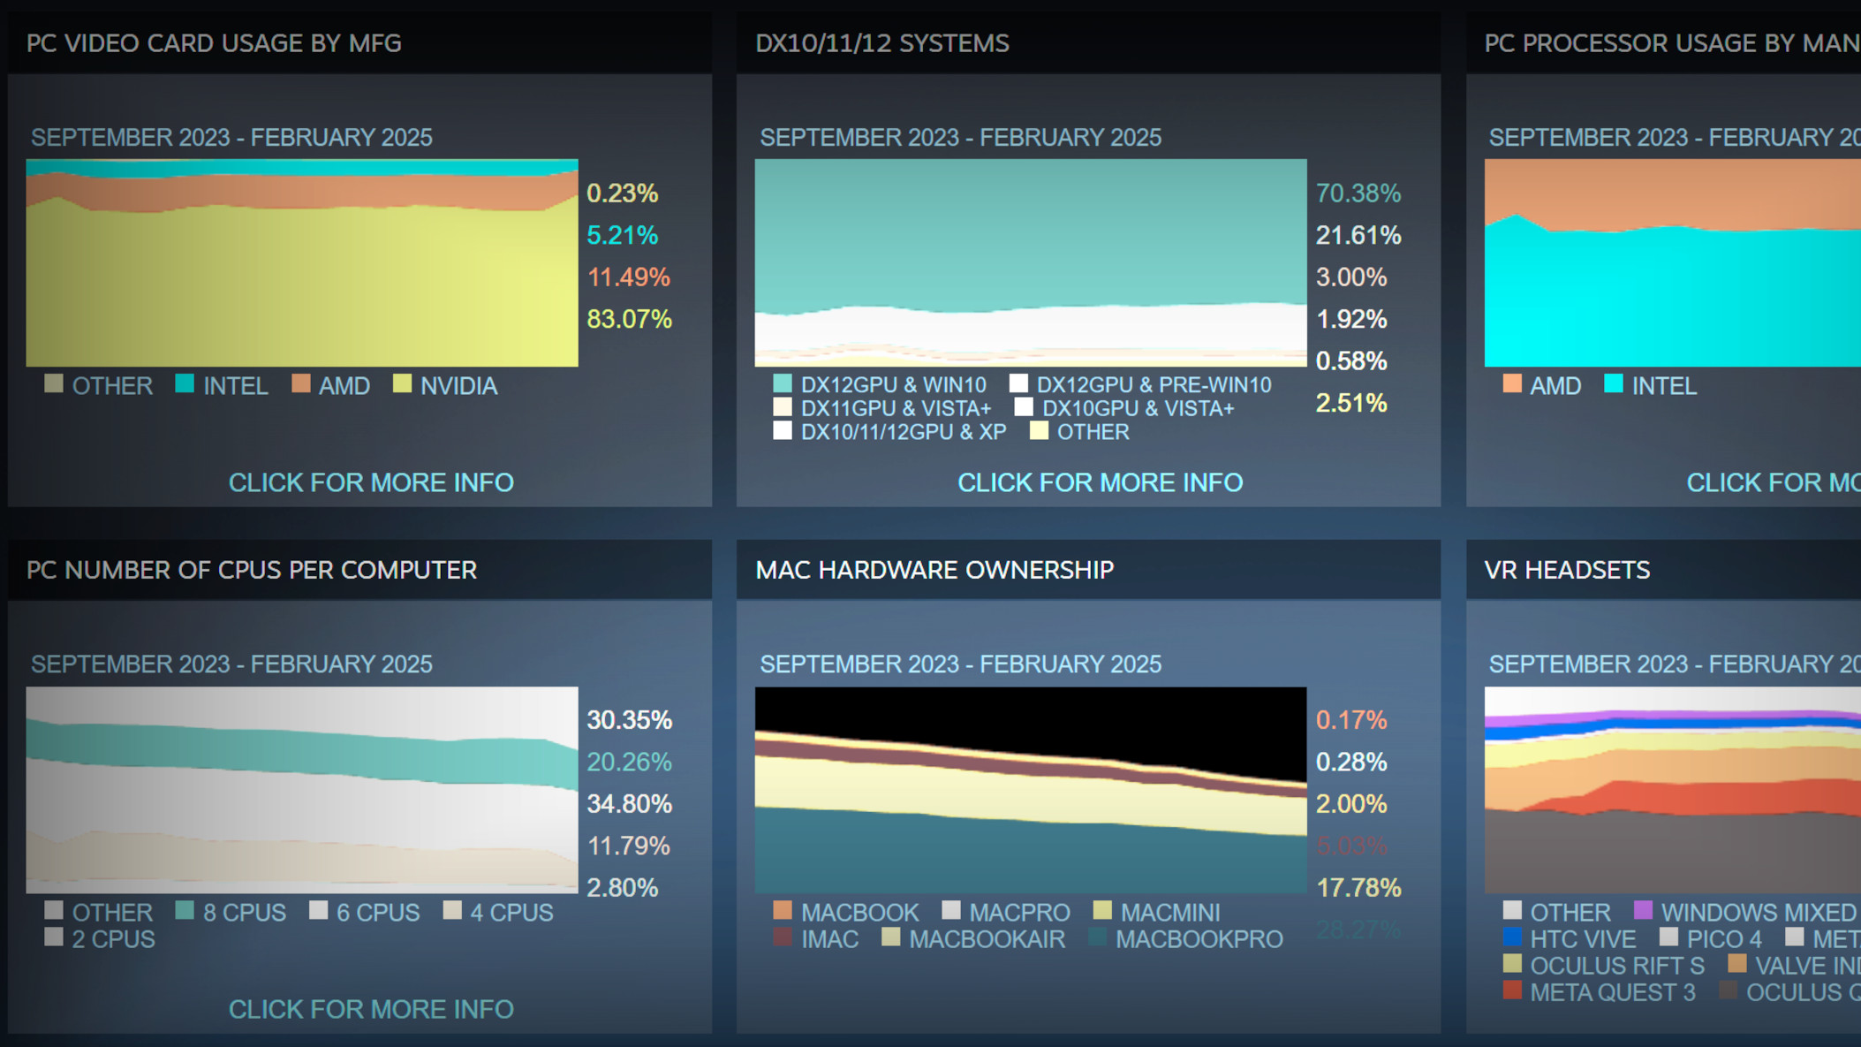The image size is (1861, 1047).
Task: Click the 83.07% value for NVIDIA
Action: [x=629, y=319]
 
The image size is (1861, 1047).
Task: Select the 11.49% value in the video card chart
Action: [x=628, y=277]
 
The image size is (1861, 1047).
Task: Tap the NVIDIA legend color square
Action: [x=402, y=383]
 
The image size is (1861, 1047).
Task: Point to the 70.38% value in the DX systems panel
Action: [x=1358, y=193]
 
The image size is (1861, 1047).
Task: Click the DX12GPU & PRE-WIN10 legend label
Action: [x=1153, y=385]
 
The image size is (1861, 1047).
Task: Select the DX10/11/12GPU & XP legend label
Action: [x=903, y=432]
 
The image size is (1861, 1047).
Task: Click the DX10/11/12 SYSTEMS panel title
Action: [x=881, y=43]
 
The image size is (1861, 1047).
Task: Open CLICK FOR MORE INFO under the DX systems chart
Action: [x=1100, y=482]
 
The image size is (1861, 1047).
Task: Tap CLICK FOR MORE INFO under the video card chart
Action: [x=371, y=482]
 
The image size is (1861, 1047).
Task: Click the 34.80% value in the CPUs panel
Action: [x=629, y=804]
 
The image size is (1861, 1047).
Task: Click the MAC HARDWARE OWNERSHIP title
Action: [x=934, y=570]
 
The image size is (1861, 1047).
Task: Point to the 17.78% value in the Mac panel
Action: [x=1358, y=888]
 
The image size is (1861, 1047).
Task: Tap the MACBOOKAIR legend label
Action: [x=986, y=939]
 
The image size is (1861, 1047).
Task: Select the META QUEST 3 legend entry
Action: [x=1612, y=992]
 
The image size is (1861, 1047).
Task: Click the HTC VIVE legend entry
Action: [x=1582, y=939]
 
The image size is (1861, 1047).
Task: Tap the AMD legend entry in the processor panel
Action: [x=1555, y=386]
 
